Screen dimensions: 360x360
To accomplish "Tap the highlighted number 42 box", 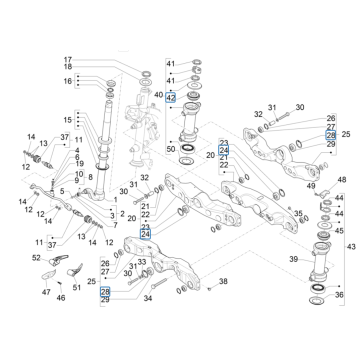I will [170, 99].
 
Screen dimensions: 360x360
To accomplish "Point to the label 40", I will [157, 94].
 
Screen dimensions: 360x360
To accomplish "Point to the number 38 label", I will [223, 283].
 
